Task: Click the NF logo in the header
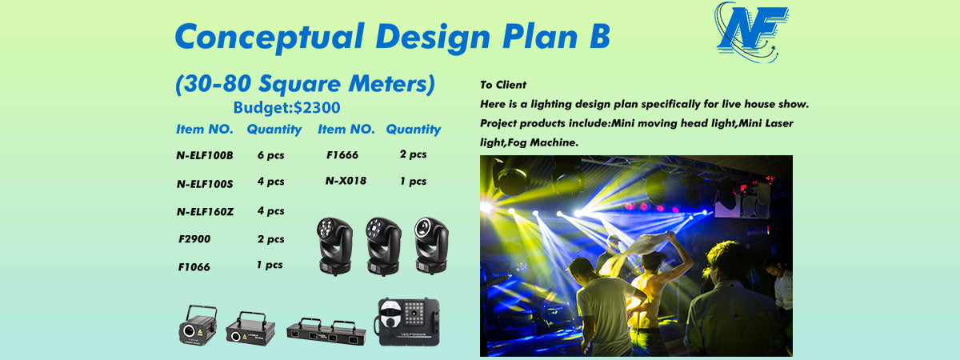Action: [751, 33]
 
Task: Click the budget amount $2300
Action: [317, 107]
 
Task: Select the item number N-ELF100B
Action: [205, 155]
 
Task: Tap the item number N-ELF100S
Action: [205, 184]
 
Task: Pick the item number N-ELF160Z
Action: [206, 212]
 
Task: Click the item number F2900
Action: [194, 239]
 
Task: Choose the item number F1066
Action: [194, 267]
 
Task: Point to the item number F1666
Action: [342, 154]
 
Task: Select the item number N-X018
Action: [346, 181]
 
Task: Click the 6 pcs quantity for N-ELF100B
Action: [271, 155]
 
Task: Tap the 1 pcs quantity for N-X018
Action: [413, 182]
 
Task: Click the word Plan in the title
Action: [541, 36]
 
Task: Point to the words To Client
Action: [503, 85]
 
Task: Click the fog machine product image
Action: [407, 322]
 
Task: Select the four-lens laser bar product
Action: [326, 332]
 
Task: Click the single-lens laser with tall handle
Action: [198, 326]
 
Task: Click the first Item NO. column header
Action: [205, 129]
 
